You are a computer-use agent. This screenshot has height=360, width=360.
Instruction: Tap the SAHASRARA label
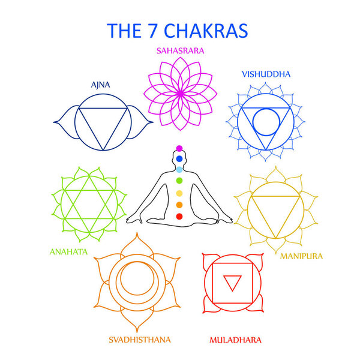(x=180, y=51)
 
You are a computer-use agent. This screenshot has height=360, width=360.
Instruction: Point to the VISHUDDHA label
(x=266, y=74)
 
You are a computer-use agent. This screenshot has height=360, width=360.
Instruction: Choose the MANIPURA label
(x=301, y=256)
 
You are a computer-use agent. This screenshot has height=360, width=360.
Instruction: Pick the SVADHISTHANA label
(x=139, y=340)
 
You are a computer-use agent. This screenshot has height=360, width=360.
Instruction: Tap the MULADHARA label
(x=235, y=340)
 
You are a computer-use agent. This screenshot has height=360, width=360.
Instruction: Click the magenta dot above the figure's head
(x=178, y=148)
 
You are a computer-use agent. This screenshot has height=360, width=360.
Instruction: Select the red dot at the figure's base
(x=178, y=215)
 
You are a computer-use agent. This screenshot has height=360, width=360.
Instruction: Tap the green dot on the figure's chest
(x=178, y=181)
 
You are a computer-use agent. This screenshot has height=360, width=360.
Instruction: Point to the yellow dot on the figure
(x=178, y=193)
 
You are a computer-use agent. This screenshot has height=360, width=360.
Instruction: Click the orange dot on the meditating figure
(x=178, y=204)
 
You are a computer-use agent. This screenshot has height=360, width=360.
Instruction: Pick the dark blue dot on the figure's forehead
(x=178, y=158)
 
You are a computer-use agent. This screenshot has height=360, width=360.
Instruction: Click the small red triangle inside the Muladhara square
(x=230, y=282)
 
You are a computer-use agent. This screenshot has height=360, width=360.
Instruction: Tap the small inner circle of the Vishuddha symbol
(x=265, y=121)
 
